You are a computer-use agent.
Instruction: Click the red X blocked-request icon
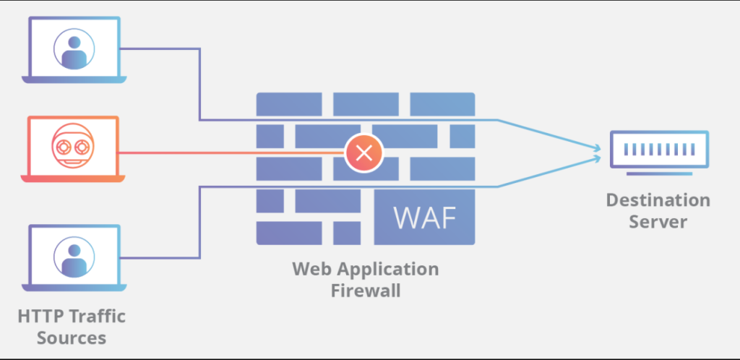[x=364, y=153]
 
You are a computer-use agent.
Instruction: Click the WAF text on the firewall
[x=425, y=216]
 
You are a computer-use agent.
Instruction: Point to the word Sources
[x=71, y=338]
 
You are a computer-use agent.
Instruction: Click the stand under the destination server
[x=649, y=173]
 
